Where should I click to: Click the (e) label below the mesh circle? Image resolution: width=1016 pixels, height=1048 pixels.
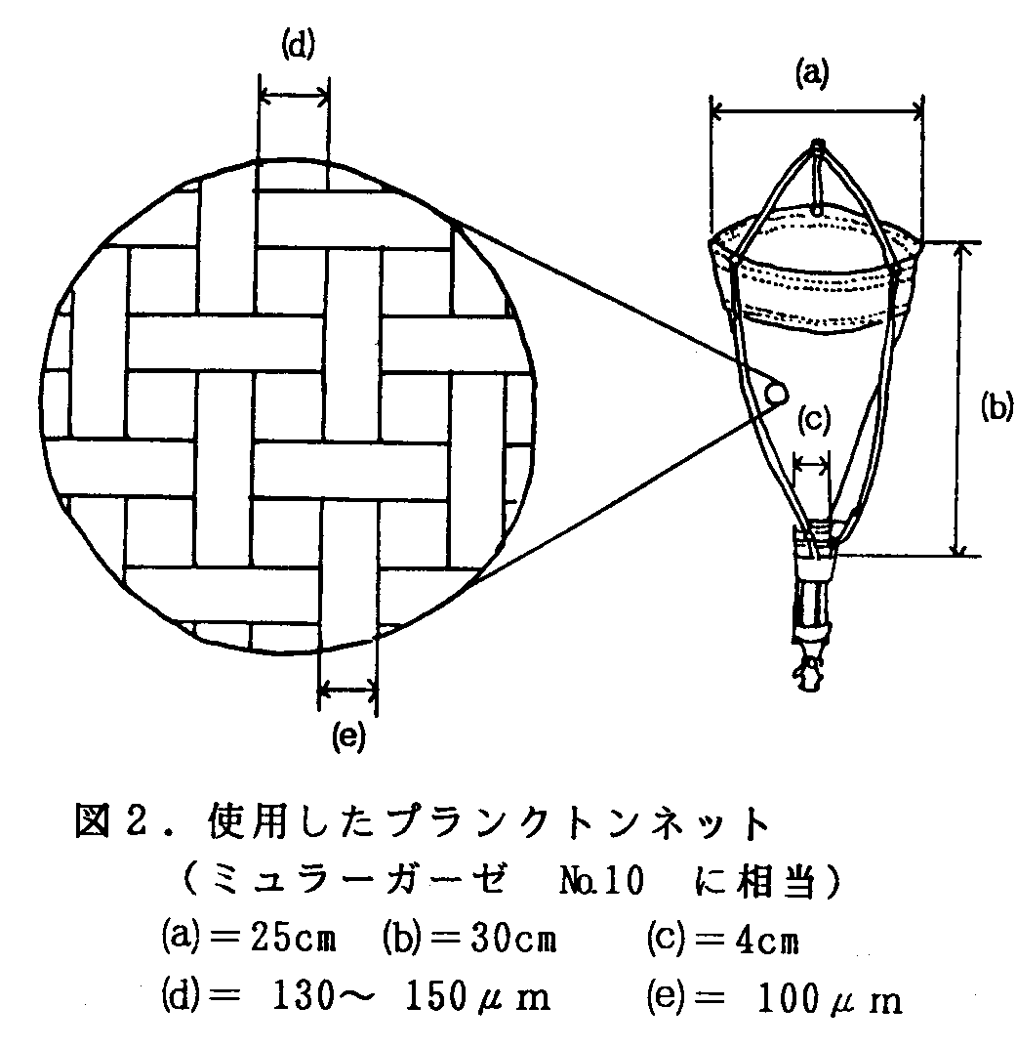click(x=347, y=737)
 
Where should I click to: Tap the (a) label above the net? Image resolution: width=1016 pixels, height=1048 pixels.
click(x=813, y=73)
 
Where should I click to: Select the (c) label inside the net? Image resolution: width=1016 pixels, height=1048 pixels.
click(x=813, y=420)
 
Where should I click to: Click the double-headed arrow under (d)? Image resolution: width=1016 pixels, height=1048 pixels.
click(x=294, y=95)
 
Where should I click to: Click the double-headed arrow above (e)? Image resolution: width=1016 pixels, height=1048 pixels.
click(x=347, y=692)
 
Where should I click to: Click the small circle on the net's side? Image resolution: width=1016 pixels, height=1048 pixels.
click(x=777, y=393)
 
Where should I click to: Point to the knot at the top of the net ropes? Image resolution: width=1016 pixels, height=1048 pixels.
click(x=818, y=148)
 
